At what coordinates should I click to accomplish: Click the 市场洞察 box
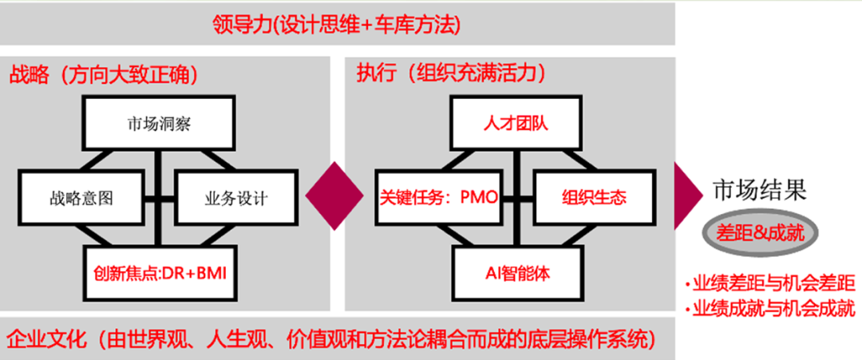click(x=160, y=124)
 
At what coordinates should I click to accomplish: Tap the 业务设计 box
click(x=231, y=198)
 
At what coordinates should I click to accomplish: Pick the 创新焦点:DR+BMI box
click(x=160, y=272)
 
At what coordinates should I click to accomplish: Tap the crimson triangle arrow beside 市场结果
click(x=685, y=196)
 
